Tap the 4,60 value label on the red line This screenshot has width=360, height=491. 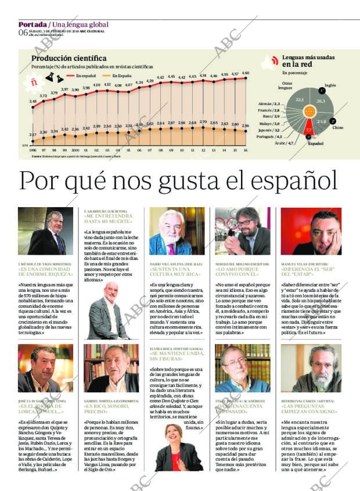[x=245, y=73]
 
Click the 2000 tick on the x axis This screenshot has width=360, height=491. [x=75, y=149]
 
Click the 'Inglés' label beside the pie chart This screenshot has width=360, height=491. [x=330, y=85]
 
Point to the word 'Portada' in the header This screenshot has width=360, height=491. [x=32, y=24]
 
